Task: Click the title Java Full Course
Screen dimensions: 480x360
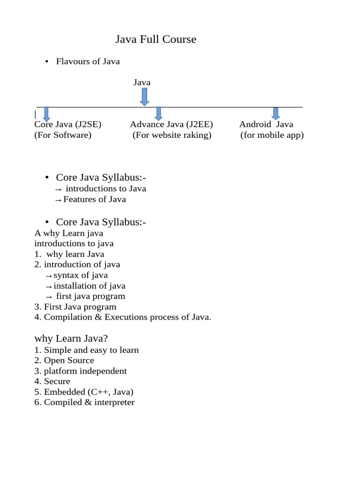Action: click(156, 39)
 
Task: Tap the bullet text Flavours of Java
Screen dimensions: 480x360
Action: click(88, 61)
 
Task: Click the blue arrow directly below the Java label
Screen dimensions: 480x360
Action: click(144, 97)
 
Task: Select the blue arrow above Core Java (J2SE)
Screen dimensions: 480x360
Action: click(46, 113)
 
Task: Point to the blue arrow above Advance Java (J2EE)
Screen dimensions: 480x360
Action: click(158, 113)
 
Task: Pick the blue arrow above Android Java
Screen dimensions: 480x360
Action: click(276, 113)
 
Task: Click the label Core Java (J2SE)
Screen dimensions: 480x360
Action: click(68, 124)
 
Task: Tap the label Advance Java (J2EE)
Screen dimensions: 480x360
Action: click(172, 124)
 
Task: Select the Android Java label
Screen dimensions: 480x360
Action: click(266, 124)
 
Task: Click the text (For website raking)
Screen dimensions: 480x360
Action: click(172, 135)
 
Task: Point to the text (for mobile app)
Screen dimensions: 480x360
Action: click(272, 135)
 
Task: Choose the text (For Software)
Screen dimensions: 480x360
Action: click(63, 135)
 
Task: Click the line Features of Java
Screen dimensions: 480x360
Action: click(94, 199)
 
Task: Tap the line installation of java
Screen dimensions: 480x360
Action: click(89, 286)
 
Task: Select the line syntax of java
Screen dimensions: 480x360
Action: click(81, 275)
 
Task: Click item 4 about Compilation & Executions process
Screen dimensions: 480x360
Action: click(123, 317)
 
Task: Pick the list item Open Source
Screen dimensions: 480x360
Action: click(69, 360)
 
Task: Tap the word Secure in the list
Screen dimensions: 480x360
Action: click(57, 382)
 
